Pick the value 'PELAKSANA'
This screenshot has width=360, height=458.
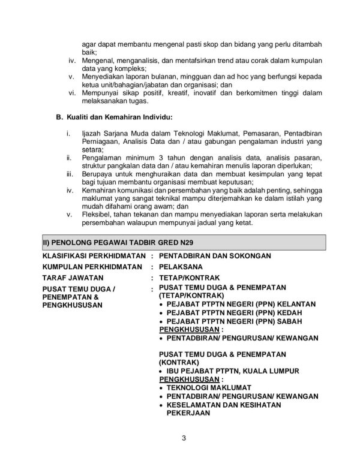181,267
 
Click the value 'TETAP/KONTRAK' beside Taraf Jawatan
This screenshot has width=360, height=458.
189,278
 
